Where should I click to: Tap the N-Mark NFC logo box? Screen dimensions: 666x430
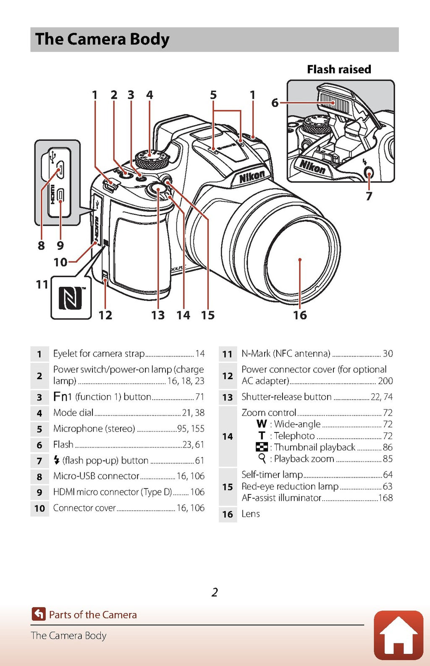(x=71, y=298)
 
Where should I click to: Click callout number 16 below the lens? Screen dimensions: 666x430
(x=300, y=315)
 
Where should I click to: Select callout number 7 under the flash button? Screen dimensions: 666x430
(x=369, y=196)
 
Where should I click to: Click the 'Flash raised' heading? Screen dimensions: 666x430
(x=339, y=69)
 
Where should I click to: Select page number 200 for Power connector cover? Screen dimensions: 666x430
(x=385, y=381)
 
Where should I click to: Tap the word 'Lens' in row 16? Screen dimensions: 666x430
(x=251, y=514)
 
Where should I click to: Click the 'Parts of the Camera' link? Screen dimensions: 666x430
(x=93, y=615)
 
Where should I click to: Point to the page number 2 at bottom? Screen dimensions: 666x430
(x=215, y=592)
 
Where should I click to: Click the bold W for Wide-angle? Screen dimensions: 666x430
(x=262, y=424)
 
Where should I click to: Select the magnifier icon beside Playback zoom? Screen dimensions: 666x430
(x=262, y=458)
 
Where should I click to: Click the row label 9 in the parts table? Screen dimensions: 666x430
(x=39, y=492)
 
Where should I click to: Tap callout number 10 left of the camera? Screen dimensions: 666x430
(x=60, y=262)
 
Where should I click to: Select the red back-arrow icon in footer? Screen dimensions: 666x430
(x=39, y=614)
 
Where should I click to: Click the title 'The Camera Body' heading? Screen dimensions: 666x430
(x=102, y=39)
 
